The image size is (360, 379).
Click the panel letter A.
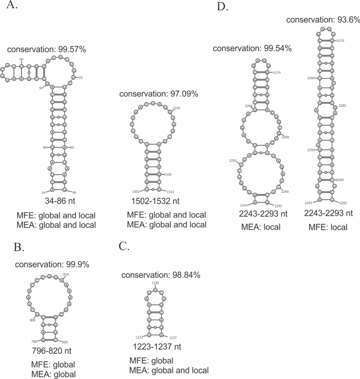(x=12, y=8)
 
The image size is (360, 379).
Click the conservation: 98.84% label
(x=161, y=275)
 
